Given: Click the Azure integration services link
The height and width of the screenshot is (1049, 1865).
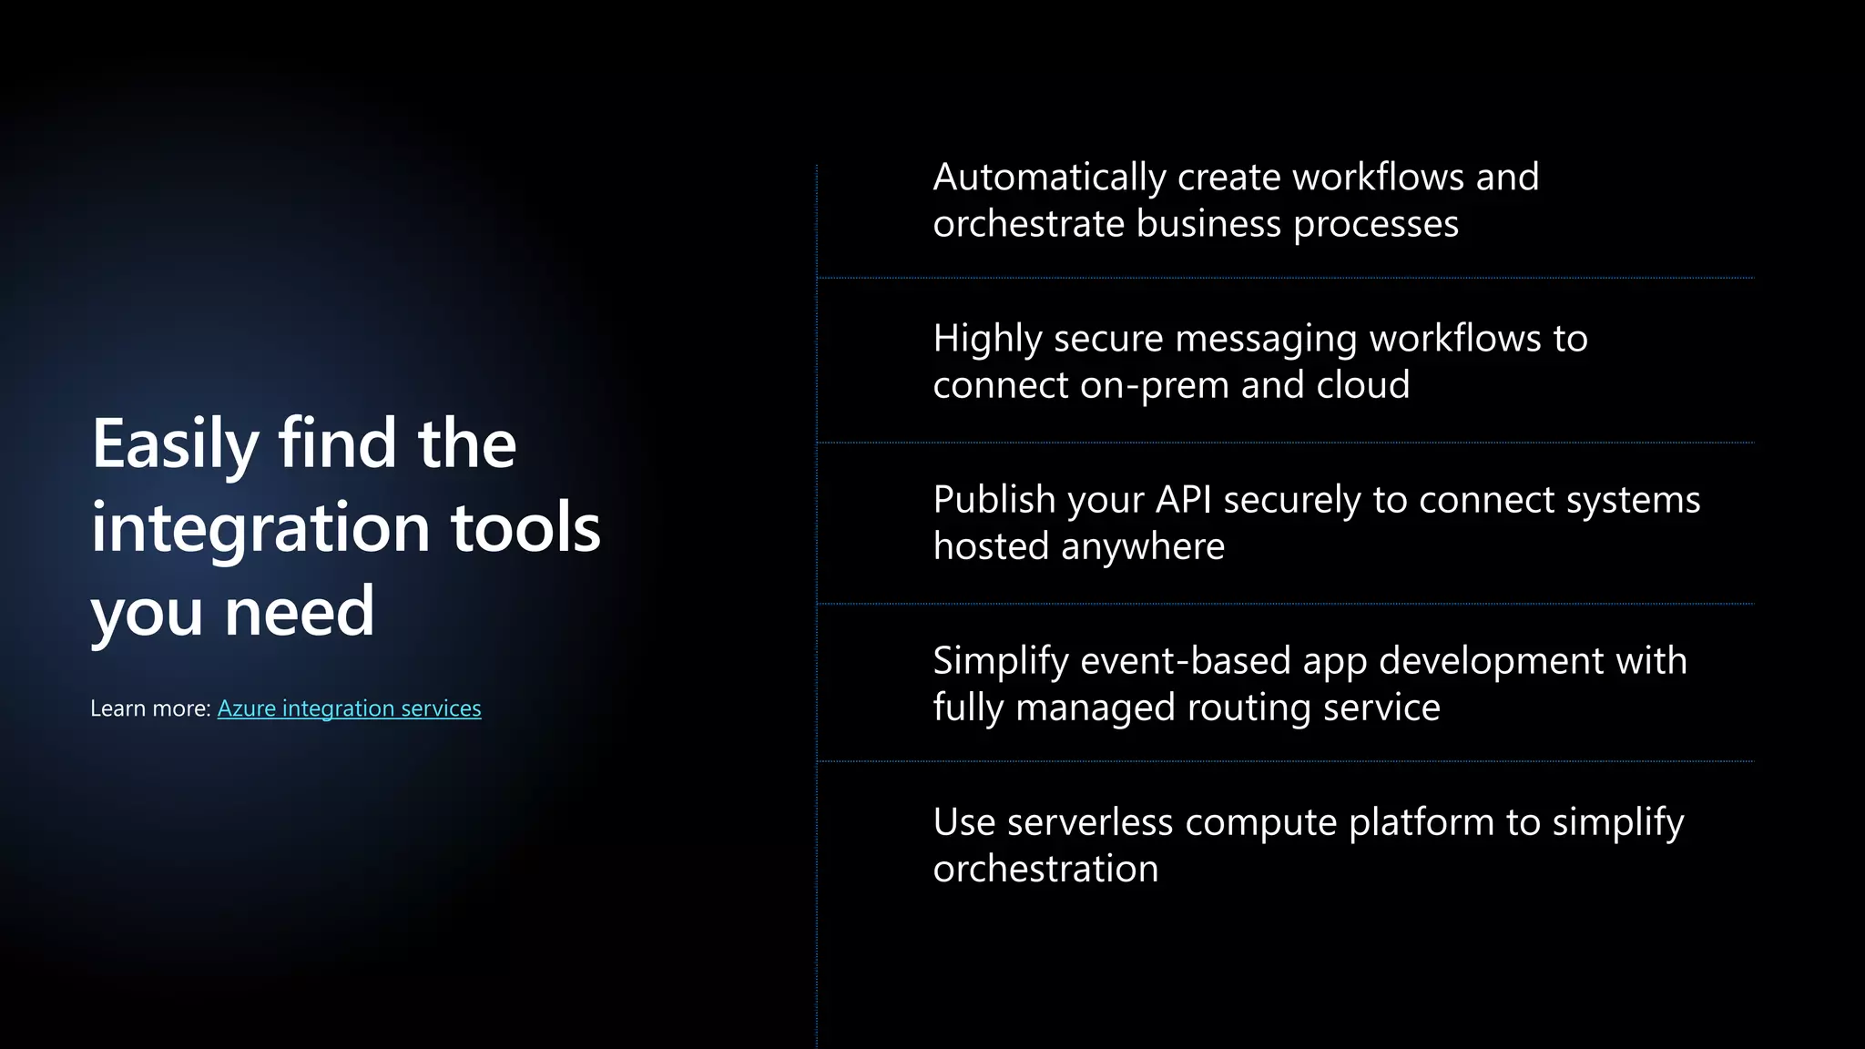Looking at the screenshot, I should [x=349, y=708].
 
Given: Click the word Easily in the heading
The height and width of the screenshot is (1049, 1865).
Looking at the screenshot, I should [x=176, y=444].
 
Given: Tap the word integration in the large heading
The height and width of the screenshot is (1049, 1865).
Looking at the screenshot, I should [x=260, y=527].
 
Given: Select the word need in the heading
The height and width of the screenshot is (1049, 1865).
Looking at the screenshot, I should [x=300, y=611].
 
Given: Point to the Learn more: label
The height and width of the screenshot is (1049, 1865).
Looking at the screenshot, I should [x=150, y=708].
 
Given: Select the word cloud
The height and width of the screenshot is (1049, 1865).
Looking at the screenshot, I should [x=1363, y=385].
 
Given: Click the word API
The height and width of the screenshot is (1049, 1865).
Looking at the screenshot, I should [x=1184, y=500].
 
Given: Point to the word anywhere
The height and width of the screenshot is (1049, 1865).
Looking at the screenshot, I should [x=1143, y=546].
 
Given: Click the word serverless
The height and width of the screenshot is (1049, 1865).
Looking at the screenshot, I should [x=1089, y=822].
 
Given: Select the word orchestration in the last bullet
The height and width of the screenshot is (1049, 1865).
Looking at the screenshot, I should [x=1045, y=869].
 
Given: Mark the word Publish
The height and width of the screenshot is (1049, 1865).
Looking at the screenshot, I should [x=994, y=500].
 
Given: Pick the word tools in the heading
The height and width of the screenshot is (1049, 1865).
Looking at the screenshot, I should [x=525, y=527].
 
